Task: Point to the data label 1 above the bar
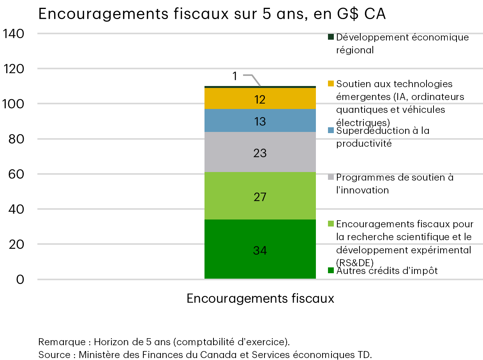[234, 76]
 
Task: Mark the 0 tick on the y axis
[20, 280]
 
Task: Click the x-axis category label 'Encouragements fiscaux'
[260, 299]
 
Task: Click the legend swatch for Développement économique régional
[331, 37]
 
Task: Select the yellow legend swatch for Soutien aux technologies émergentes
[331, 84]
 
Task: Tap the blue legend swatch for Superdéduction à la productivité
[331, 130]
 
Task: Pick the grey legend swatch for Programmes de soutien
[331, 177]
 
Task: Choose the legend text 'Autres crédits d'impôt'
[387, 270]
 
